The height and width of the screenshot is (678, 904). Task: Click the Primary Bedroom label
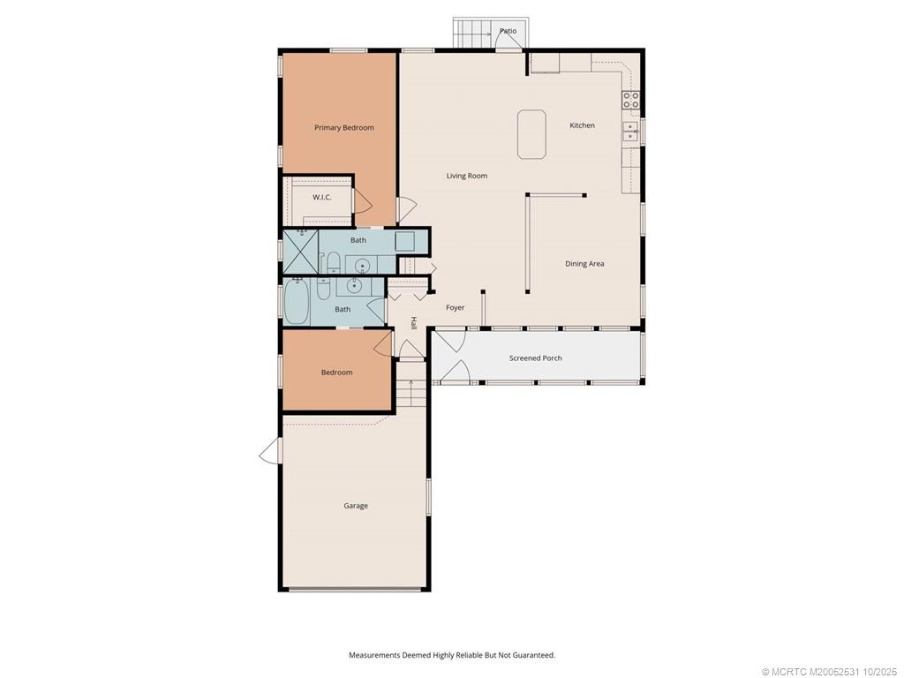coord(343,127)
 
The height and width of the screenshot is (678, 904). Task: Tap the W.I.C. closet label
coord(321,197)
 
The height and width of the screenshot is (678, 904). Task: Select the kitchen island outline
coord(531,134)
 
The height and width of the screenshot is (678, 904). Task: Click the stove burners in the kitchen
coord(630,101)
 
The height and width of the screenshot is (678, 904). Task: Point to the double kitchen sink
coord(630,131)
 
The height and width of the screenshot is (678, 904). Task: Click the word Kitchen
coord(582,125)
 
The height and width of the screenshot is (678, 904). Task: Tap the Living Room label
coord(466,176)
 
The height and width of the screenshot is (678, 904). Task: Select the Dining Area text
coord(584,263)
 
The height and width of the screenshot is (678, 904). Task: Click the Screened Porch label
coord(535,358)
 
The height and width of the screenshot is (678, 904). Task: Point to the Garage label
coord(356,506)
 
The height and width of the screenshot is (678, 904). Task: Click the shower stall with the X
coord(300,252)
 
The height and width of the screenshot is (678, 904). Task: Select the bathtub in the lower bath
coord(297,302)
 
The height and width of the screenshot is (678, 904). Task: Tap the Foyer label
coord(455,307)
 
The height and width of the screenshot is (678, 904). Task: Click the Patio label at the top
coord(508,31)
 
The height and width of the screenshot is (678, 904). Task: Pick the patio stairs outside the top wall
coord(471,33)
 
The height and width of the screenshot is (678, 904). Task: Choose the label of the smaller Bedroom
coord(336,373)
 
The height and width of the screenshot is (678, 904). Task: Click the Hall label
coord(413,323)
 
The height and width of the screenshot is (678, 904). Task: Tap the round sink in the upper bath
coord(362,266)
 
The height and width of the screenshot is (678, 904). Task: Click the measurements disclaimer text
coord(452,655)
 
